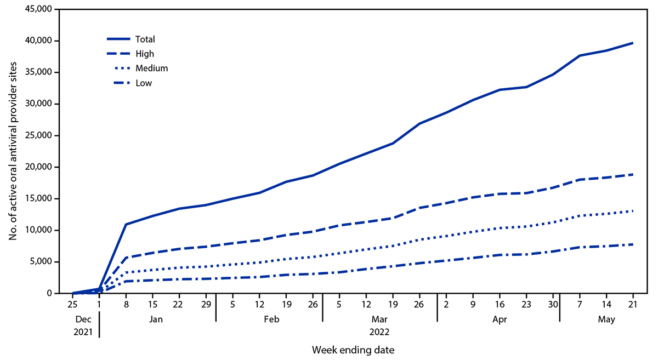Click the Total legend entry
[146, 39]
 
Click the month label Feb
[269, 318]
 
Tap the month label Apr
[498, 318]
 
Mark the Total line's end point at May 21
[632, 43]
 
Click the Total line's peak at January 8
[126, 224]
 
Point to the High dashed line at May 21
[632, 174]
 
